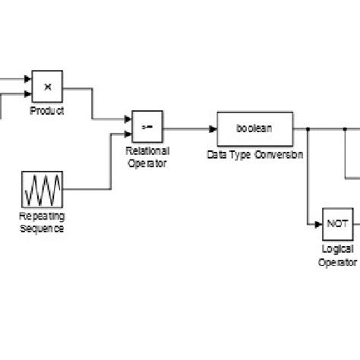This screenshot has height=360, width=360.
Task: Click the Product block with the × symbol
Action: pyautogui.click(x=47, y=87)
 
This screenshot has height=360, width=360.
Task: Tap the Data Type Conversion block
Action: pyautogui.click(x=254, y=129)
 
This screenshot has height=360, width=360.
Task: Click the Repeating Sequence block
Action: pyautogui.click(x=43, y=189)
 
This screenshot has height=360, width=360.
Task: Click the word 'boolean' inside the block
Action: pyautogui.click(x=254, y=128)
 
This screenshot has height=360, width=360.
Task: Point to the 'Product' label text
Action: pyautogui.click(x=47, y=111)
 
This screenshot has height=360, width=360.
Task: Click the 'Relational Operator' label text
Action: pyautogui.click(x=147, y=156)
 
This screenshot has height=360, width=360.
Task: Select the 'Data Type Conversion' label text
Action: pyautogui.click(x=254, y=154)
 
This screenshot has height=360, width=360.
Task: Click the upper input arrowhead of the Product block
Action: pyautogui.click(x=28, y=79)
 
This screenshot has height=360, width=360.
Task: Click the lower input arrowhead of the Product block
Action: pyautogui.click(x=28, y=94)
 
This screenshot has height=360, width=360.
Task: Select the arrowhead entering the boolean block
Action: pyautogui.click(x=213, y=129)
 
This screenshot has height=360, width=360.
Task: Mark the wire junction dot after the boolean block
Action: pyautogui.click(x=307, y=129)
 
